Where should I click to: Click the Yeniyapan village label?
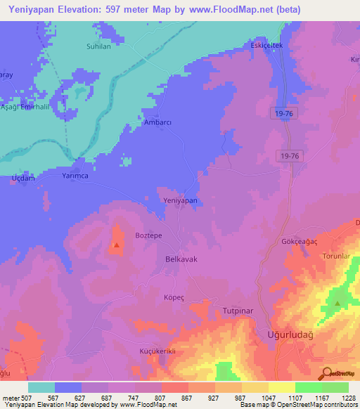(x=180, y=200)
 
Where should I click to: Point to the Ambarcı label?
(x=157, y=122)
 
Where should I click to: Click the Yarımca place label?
(x=75, y=176)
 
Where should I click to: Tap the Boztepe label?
(x=149, y=237)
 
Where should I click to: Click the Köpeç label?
(x=174, y=297)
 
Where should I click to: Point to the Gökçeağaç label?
(x=291, y=240)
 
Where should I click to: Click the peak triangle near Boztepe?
(x=116, y=245)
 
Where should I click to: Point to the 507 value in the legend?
(x=26, y=398)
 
